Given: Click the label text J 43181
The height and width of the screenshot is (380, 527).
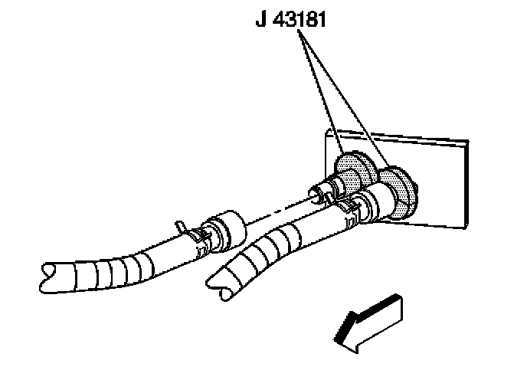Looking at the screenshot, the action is [291, 19].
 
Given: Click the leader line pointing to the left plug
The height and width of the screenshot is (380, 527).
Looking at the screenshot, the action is [319, 92].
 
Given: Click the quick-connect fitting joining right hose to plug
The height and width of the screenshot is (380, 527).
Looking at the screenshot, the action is [375, 201].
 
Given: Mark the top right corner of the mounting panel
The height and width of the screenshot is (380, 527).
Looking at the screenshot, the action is [465, 140].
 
